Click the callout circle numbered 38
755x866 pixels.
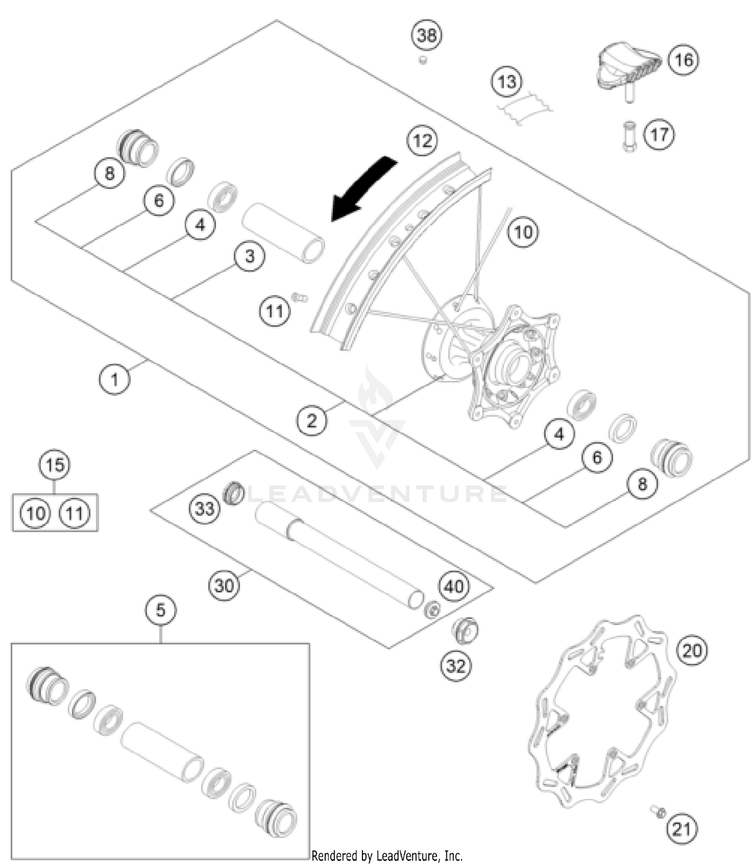tap(427, 35)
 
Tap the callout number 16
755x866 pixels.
tap(683, 60)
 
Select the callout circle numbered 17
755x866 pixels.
tap(659, 134)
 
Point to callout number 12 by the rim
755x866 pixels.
tap(422, 140)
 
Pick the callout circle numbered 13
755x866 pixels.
tap(506, 81)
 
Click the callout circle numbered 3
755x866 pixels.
tap(250, 256)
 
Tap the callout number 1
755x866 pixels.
tap(114, 379)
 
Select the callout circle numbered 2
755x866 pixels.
tap(312, 420)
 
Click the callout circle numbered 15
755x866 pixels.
tap(55, 464)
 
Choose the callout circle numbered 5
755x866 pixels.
tap(161, 610)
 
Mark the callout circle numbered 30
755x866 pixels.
tap(224, 585)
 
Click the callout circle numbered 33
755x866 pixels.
tap(204, 509)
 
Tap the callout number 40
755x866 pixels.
tap(454, 586)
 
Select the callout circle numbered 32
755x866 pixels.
tap(456, 666)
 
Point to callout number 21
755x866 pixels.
tap(682, 829)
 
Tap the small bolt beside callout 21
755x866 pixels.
tap(658, 811)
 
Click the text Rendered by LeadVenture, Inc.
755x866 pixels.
tap(387, 855)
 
